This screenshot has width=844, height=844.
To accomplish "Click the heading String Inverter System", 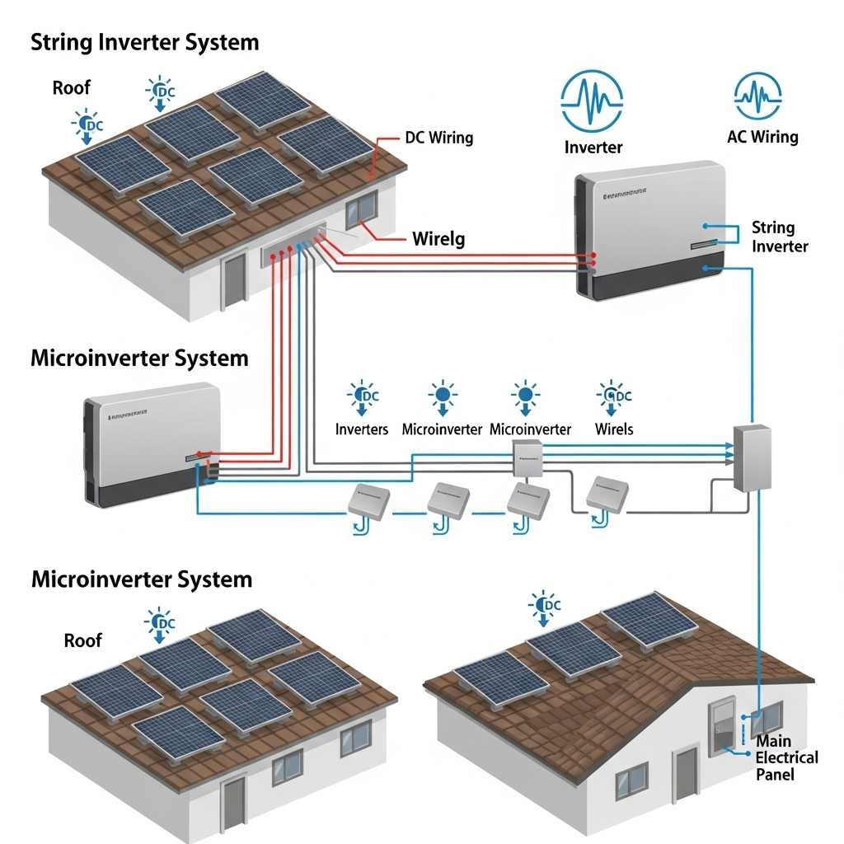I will click(144, 43).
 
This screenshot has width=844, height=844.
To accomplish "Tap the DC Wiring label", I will click(438, 138).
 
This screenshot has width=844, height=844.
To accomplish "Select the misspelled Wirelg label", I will click(438, 240).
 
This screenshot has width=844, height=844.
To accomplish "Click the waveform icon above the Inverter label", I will click(593, 100).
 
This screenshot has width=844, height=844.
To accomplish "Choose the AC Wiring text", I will click(762, 137).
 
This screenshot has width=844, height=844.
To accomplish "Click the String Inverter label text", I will click(780, 237).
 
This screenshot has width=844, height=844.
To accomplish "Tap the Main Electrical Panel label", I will click(786, 757).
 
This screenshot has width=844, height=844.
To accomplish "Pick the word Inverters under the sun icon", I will click(362, 429).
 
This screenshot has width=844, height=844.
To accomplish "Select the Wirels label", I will click(614, 429).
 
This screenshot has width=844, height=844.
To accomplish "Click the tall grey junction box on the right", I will click(752, 457).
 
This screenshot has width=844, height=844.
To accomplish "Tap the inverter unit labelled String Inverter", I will click(650, 230).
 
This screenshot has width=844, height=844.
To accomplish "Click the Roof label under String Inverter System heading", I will click(72, 88).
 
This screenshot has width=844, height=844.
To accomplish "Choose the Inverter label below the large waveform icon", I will click(593, 148).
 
